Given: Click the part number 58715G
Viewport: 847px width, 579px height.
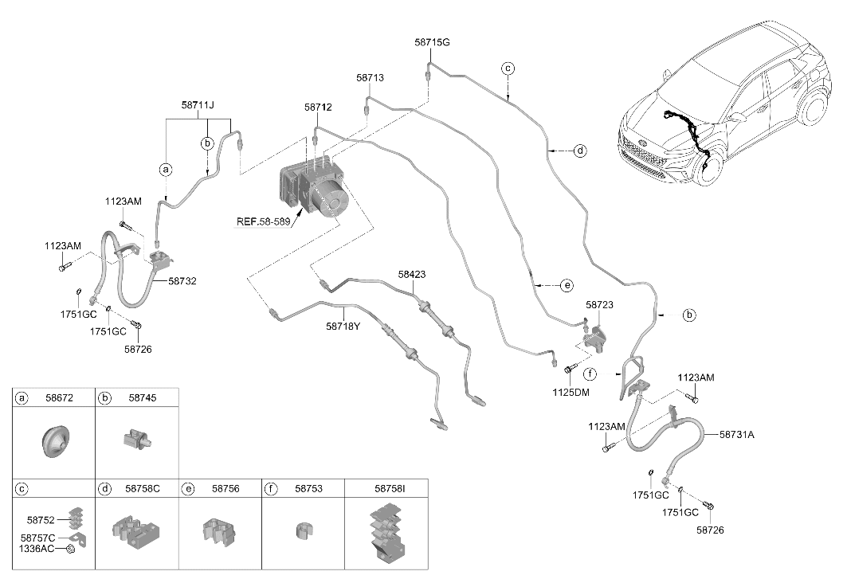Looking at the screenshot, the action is (432, 42).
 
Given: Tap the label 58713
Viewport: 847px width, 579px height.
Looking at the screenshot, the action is (370, 78).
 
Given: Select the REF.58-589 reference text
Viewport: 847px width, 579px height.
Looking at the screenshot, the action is (263, 221).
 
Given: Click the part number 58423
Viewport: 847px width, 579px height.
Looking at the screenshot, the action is (412, 275).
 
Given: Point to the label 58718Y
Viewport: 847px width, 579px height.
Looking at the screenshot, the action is (343, 327).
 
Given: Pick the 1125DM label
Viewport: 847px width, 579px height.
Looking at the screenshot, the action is (571, 393).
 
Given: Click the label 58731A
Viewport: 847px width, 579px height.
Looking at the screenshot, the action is (737, 434).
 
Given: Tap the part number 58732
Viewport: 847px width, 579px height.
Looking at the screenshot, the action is (182, 281).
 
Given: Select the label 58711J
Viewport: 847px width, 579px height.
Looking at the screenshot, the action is (198, 105).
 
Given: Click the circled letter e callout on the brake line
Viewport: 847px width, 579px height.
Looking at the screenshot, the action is (567, 285).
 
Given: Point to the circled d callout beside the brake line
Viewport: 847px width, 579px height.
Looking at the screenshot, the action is (580, 151).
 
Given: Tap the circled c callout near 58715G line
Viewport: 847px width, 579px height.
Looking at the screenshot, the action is (508, 68).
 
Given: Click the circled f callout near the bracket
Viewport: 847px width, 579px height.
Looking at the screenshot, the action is (590, 374).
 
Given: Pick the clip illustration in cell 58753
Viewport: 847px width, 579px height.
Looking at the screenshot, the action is (304, 530).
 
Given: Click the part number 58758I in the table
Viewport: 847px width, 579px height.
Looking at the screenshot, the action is (390, 489).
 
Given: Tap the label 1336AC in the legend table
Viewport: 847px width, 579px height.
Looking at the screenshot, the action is (37, 549).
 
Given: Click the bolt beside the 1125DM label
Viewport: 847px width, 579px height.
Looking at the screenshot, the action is (568, 370).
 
